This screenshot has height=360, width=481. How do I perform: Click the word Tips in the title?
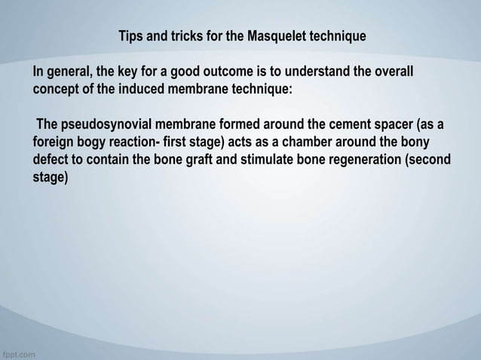click(131, 36)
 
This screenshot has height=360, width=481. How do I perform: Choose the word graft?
click(216, 160)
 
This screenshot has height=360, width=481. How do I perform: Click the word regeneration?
click(368, 160)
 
